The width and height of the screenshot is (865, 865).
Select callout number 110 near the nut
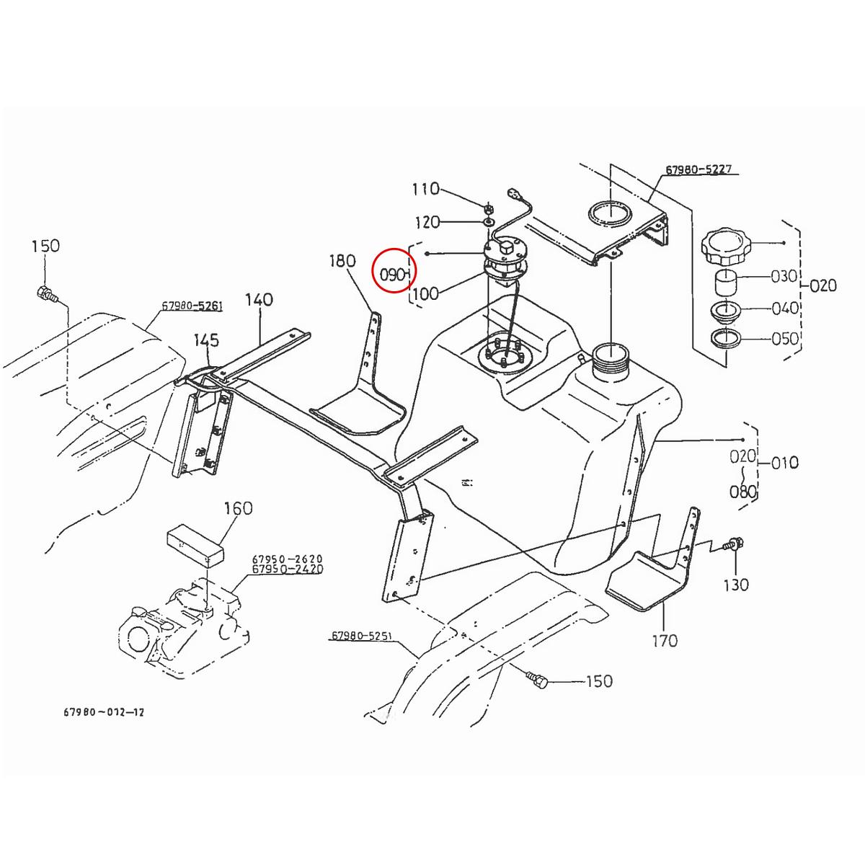coord(425,189)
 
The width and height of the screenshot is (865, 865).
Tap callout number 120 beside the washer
coord(427,221)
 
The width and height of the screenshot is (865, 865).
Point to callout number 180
coord(342,260)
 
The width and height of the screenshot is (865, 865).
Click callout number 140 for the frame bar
coord(259,299)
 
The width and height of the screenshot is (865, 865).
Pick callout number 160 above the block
coord(238,508)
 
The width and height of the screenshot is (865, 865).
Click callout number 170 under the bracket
coord(665,640)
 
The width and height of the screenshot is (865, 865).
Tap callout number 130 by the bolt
coord(736,585)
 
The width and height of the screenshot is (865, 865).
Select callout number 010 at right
coord(785,462)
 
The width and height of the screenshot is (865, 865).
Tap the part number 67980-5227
coord(698,170)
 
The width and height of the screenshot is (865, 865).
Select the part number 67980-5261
coord(192,306)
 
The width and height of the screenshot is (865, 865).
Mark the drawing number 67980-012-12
coord(104,712)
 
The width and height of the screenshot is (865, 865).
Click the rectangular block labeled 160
coord(195,546)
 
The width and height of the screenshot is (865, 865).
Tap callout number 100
coord(425,293)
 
